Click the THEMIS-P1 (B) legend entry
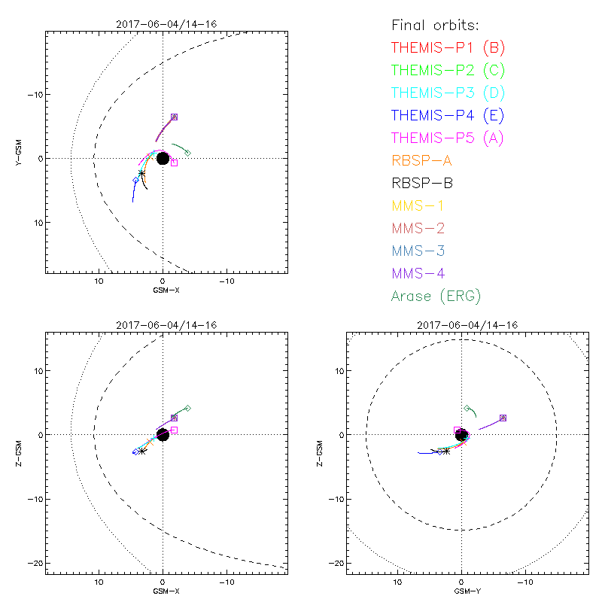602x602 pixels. click(448, 47)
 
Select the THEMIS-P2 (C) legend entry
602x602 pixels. click(448, 70)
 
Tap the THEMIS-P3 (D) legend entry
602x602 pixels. click(448, 93)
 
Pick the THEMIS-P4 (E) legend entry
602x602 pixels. click(448, 115)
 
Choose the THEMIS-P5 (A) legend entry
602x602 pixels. click(448, 138)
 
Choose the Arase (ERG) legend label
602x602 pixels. click(436, 296)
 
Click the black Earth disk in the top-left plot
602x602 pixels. click(163, 158)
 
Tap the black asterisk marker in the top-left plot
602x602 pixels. click(141, 174)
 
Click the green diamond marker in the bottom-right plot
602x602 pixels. click(467, 409)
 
